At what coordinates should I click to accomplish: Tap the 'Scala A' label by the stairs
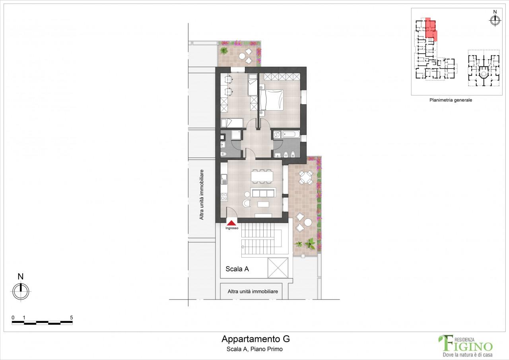pos(237,269)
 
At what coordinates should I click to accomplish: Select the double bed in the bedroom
pos(272,99)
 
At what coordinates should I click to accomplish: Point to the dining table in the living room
pos(262,175)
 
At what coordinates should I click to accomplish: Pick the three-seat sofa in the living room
pos(263,193)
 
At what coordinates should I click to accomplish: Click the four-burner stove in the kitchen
pos(224,196)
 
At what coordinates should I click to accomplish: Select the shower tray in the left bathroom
pos(236,135)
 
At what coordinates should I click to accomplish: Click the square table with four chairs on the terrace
pos(305,177)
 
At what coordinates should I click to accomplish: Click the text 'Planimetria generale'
pos(450,100)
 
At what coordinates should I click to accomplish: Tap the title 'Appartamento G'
pos(255,339)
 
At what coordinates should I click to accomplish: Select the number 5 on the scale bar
pos(71,317)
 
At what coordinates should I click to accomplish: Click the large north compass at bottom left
pos(21,291)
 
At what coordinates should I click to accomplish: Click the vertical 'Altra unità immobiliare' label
pos(202,195)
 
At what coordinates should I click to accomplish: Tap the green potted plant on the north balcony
pos(224,51)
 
